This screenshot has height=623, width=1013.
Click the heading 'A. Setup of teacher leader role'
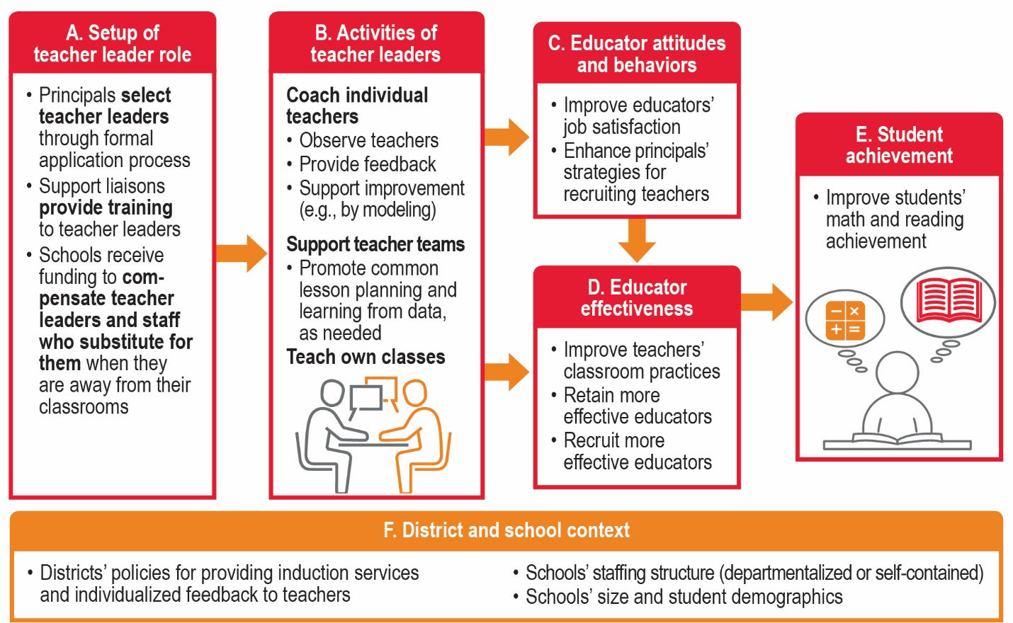click(113, 44)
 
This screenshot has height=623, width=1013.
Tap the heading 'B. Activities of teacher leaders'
click(375, 44)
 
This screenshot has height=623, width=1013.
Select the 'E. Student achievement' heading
click(899, 145)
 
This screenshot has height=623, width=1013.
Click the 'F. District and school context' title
click(506, 530)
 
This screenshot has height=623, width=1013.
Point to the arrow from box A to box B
click(242, 253)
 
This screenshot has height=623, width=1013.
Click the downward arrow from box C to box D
click(637, 240)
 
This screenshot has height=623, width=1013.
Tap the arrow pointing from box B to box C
click(507, 137)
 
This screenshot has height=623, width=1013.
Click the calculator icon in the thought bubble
click(845, 320)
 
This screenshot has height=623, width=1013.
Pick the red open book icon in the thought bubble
click(948, 300)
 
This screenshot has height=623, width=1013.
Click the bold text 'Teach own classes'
click(366, 357)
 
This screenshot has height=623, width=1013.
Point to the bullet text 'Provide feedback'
click(368, 164)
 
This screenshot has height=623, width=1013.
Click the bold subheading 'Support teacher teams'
click(375, 244)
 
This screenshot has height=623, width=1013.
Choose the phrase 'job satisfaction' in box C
click(622, 127)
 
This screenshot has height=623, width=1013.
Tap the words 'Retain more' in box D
click(611, 395)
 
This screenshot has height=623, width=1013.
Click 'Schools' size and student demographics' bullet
click(684, 597)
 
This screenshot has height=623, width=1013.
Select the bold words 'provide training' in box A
click(106, 207)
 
